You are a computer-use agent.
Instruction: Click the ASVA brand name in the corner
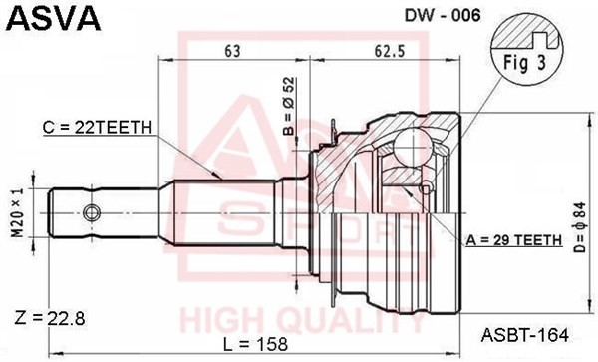pos(54,18)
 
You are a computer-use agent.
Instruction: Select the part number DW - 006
pos(443,15)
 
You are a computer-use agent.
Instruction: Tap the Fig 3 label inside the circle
pos(525,63)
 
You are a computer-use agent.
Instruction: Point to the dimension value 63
pos(232,51)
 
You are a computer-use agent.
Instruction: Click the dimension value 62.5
pos(389,51)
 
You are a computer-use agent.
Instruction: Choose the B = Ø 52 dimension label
pos(289,106)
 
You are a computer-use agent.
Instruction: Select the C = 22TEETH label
pos(98,127)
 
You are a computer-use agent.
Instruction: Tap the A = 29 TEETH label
pos(514,240)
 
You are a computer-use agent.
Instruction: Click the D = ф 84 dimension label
pos(580,227)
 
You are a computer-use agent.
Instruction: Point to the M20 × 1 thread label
pos(17,212)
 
